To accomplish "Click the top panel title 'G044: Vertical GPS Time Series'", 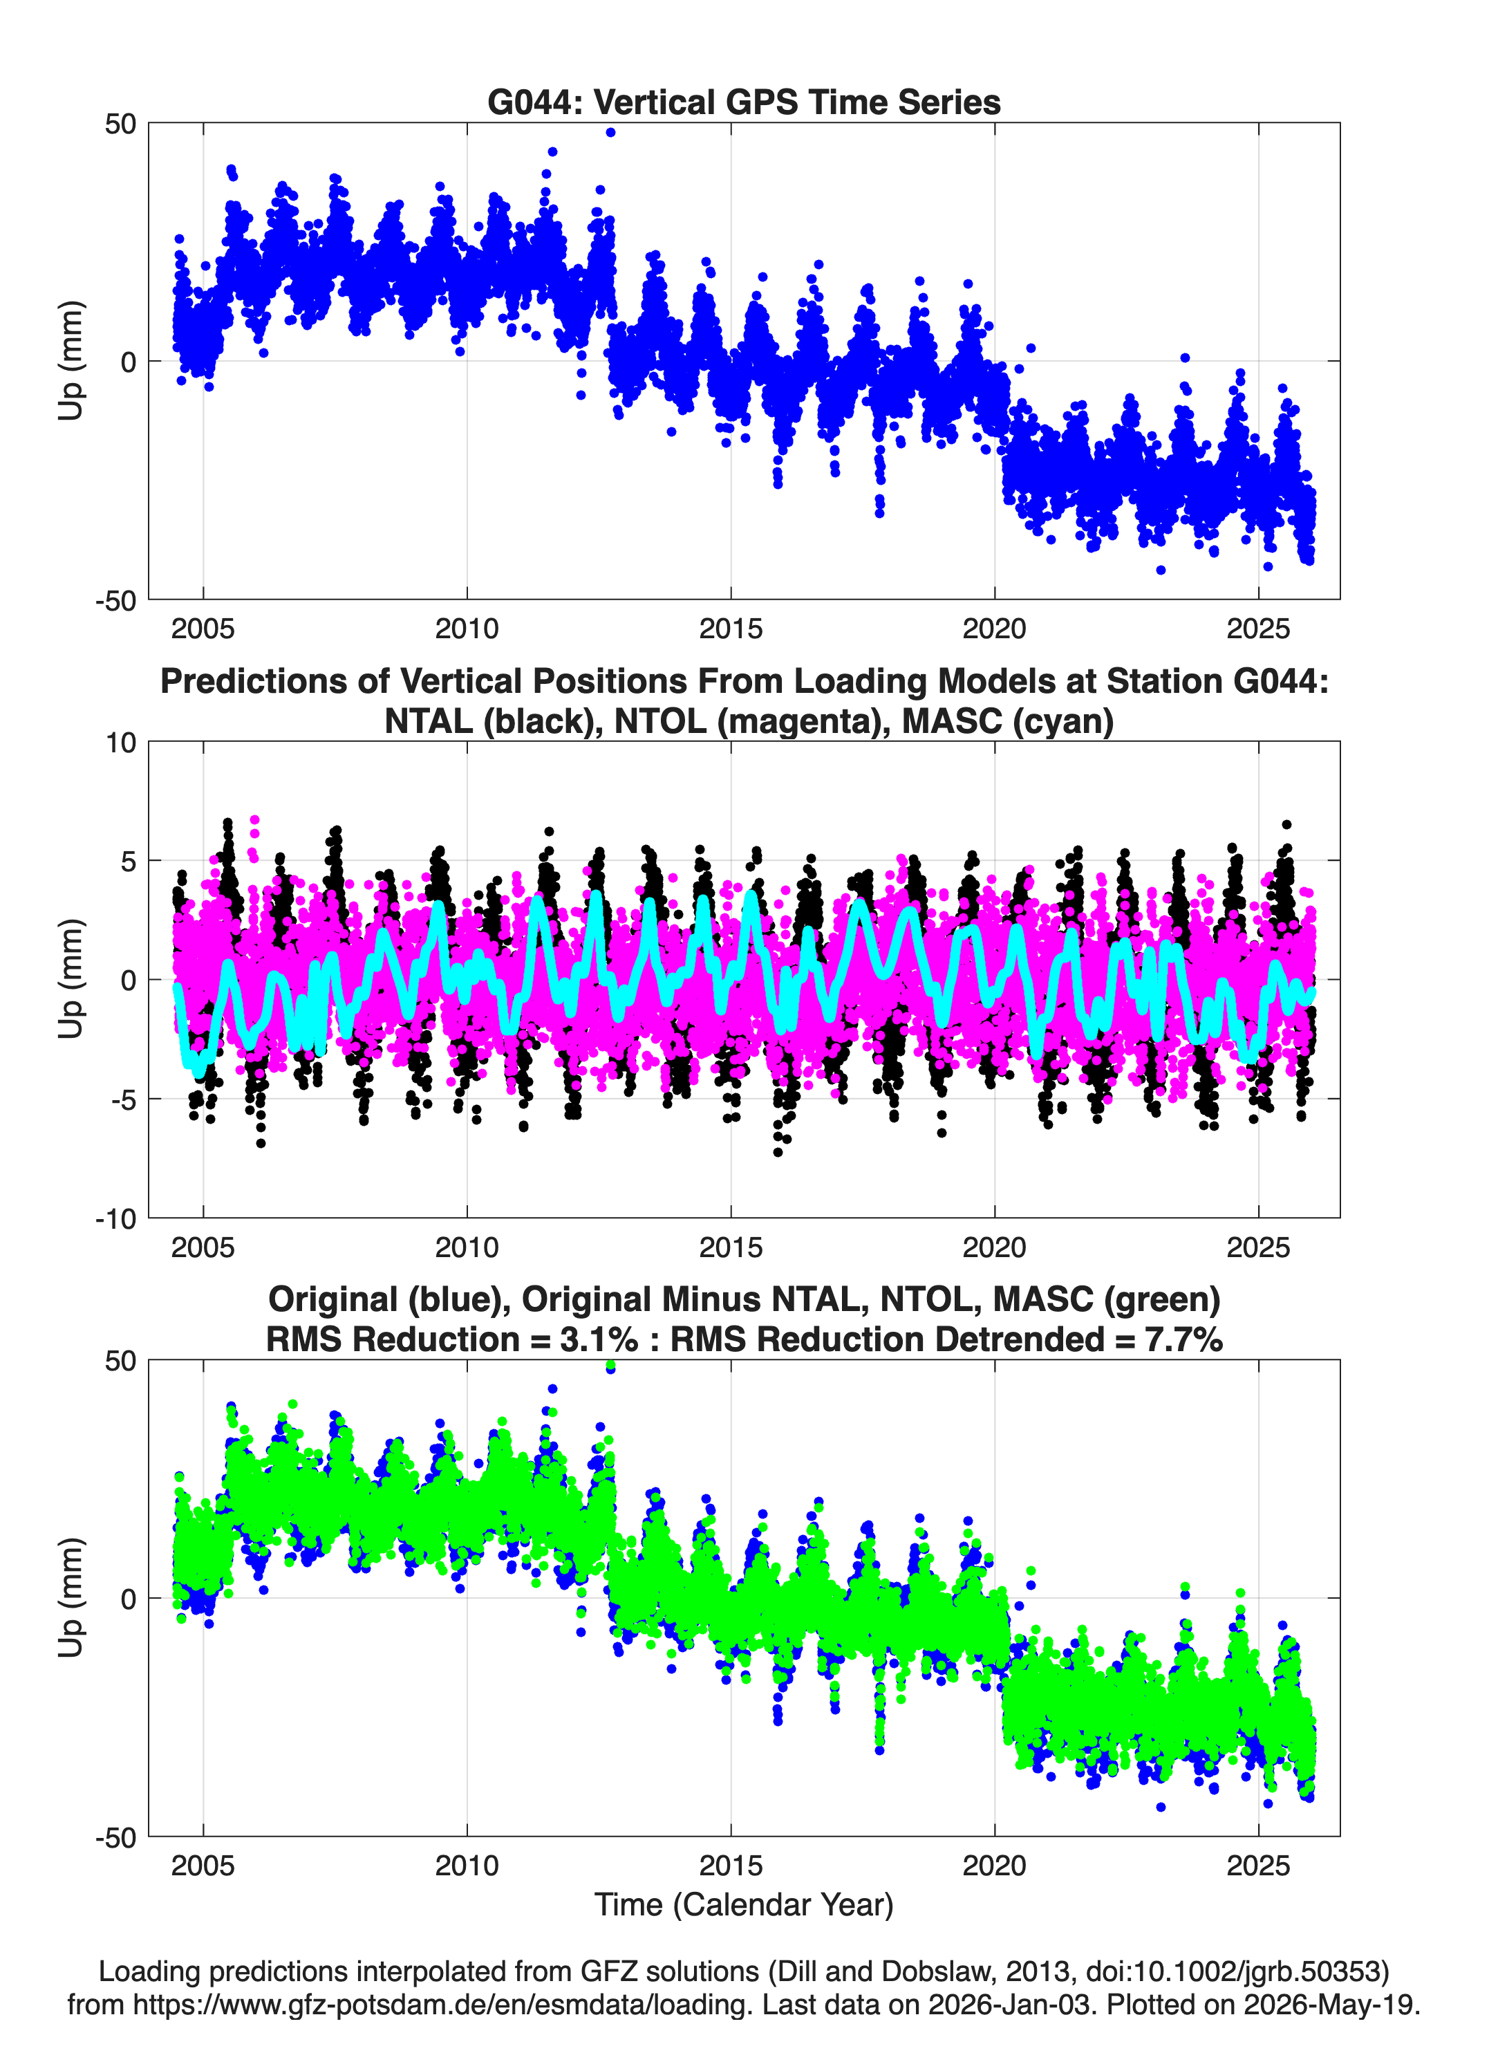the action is pos(744,102).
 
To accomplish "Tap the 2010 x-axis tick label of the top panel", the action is pos(467,629).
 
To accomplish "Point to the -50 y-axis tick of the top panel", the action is pos(115,600).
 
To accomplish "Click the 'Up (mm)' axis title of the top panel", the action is pos(71,361).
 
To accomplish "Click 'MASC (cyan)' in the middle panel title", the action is pos(1007,721).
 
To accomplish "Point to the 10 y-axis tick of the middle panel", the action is pos(121,742).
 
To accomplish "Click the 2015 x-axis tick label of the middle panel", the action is pos(730,1247).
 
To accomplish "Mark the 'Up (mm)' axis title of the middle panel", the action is pos(71,979).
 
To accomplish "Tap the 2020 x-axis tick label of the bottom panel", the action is pos(995,1866).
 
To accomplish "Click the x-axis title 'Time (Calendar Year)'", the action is pos(744,1905).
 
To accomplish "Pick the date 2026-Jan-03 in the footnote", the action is pos(1009,2005).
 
